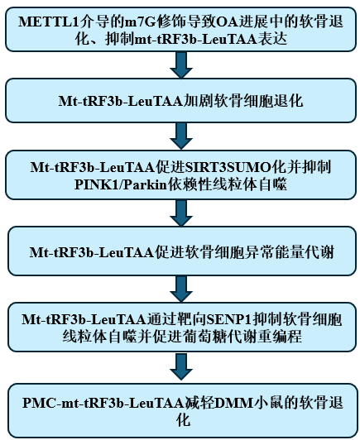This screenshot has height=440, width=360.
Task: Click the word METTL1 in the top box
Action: [x=49, y=22]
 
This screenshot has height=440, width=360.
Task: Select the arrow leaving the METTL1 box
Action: [x=181, y=65]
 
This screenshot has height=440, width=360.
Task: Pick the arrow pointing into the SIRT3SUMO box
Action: [x=181, y=136]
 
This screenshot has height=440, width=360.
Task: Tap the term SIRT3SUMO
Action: [x=229, y=168]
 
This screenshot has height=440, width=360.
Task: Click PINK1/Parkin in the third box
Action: [x=121, y=185]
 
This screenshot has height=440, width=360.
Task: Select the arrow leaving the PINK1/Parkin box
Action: [x=181, y=213]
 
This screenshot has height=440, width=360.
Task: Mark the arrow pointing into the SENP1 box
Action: [x=181, y=289]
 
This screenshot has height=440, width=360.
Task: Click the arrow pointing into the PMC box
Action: [x=181, y=367]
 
